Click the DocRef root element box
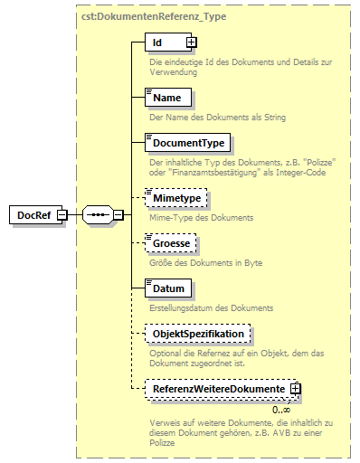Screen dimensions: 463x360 click(32, 215)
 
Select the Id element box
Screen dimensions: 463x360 click(163, 43)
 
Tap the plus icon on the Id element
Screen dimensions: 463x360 click(191, 43)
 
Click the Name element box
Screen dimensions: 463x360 click(166, 98)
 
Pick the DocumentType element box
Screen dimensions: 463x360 click(188, 143)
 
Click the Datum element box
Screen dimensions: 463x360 click(169, 289)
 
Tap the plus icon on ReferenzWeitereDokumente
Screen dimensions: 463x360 click(294, 388)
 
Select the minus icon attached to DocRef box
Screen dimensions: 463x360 click(62, 215)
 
